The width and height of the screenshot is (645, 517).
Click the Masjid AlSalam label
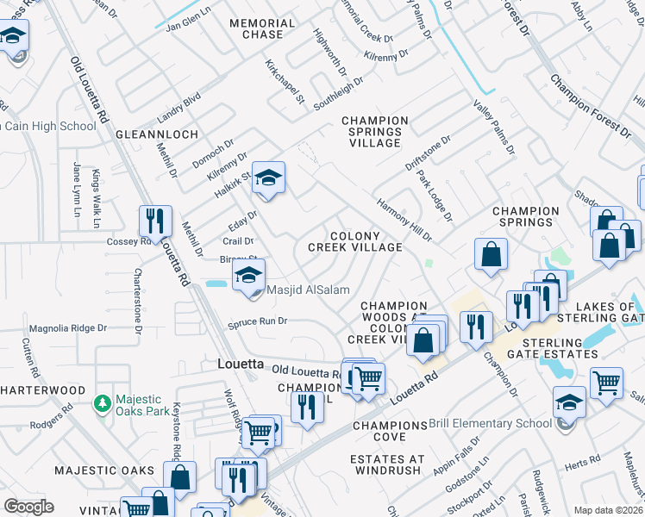(x=301, y=290)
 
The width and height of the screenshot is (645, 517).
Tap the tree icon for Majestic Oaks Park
(x=103, y=403)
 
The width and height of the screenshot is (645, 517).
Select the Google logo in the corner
(x=28, y=507)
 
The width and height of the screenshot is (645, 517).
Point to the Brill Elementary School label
(x=491, y=423)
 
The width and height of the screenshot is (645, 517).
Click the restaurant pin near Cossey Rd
(x=155, y=221)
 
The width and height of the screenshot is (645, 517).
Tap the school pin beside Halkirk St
(x=268, y=178)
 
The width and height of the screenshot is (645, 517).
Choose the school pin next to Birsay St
(x=247, y=276)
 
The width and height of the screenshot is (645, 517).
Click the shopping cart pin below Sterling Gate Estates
(x=606, y=383)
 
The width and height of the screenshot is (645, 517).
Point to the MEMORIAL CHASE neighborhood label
(x=256, y=28)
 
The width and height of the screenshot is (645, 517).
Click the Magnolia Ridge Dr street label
(x=67, y=328)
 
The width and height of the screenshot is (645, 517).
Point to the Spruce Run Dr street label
(x=256, y=322)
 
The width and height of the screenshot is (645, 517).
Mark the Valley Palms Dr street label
(x=494, y=126)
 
